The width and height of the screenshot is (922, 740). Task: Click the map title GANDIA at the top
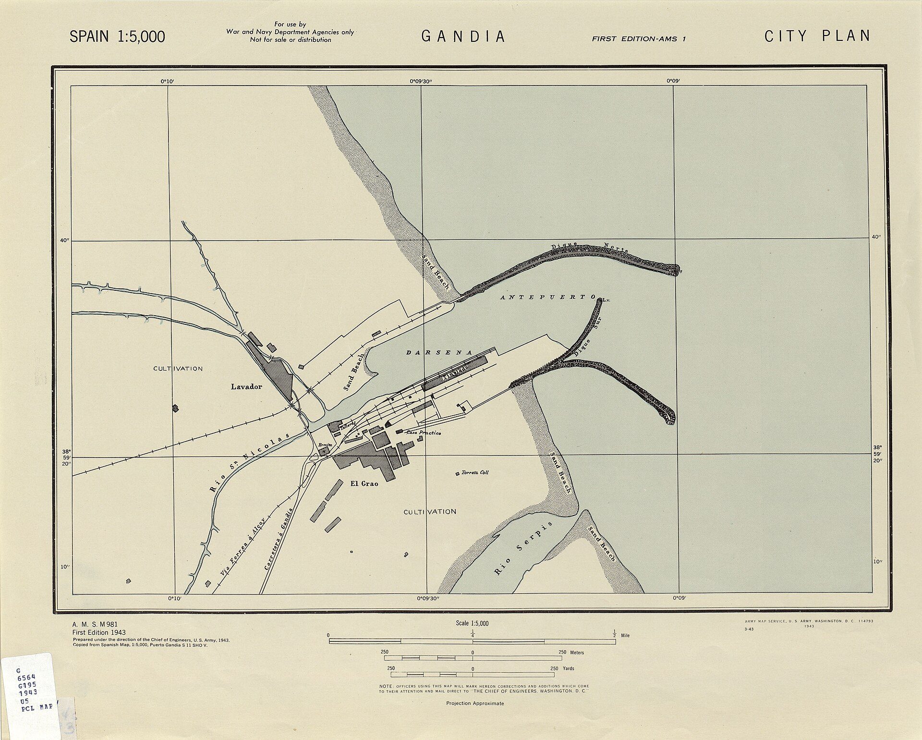coord(463,37)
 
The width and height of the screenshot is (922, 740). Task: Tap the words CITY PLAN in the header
coord(817,36)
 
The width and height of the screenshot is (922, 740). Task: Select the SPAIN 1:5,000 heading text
coord(117,37)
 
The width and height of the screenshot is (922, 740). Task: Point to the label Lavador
coord(246,386)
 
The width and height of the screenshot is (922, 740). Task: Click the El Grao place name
coord(364,483)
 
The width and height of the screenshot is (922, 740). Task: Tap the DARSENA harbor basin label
coord(439,353)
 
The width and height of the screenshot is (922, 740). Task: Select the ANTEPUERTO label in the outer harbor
coord(548,297)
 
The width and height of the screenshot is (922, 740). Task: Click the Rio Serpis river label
coord(523,548)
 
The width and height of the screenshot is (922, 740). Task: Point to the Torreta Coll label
coord(475,472)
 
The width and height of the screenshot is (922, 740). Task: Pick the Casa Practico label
coord(423,432)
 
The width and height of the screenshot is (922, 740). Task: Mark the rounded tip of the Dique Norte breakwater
coord(675,270)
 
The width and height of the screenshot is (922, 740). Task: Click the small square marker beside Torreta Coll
coord(457,474)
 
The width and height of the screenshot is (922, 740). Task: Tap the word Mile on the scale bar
coord(625,635)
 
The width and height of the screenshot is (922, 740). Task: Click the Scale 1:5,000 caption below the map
coord(472,623)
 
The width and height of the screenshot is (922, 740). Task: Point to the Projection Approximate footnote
coord(475,703)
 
